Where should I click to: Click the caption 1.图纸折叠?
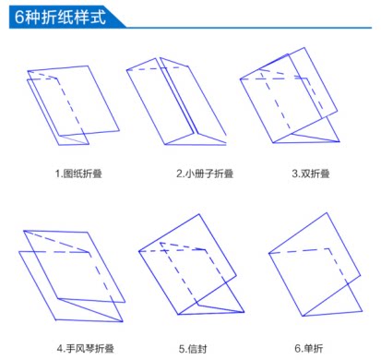click(77, 173)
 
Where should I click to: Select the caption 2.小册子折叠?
click(203, 173)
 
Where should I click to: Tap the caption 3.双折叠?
click(309, 173)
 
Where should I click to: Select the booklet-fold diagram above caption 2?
click(175, 102)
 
